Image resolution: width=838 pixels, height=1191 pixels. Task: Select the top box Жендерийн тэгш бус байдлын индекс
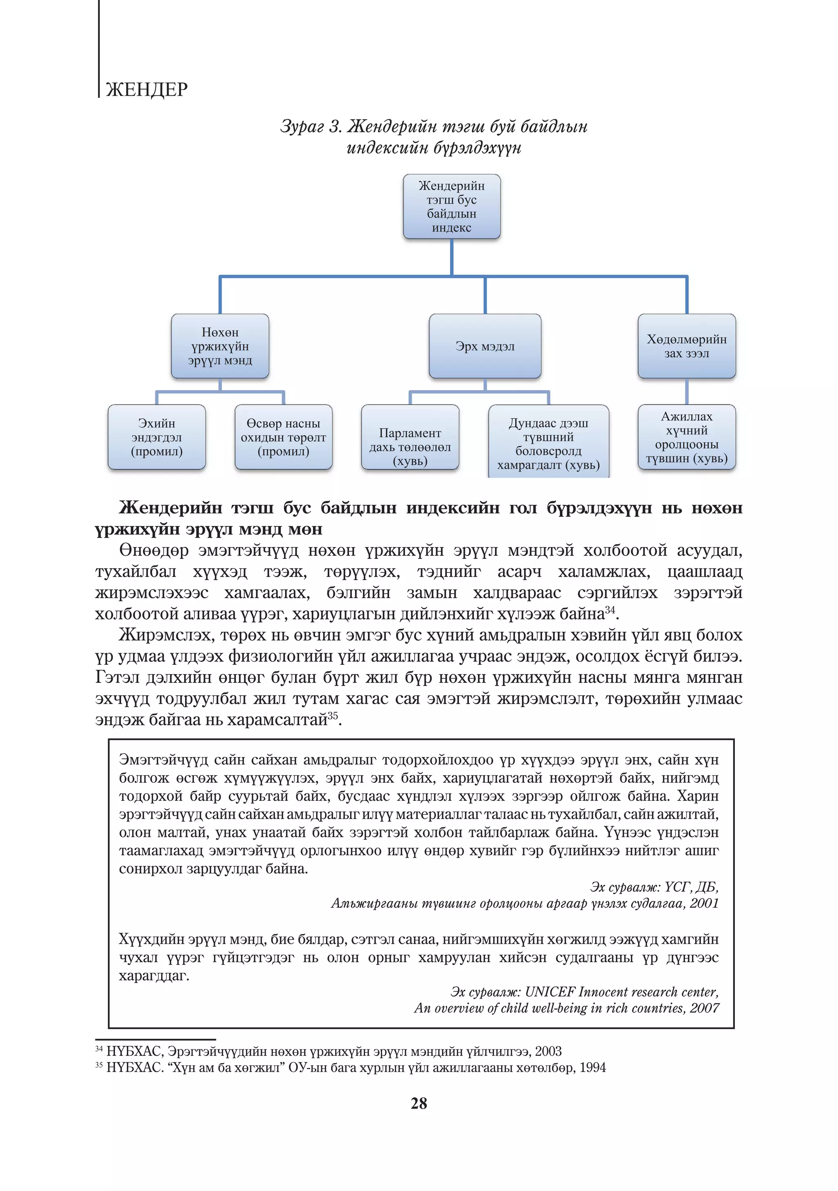[x=451, y=206]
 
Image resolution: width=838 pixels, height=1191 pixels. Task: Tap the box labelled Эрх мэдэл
[x=485, y=346]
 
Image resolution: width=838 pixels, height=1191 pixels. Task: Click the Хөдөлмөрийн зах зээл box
[x=686, y=346]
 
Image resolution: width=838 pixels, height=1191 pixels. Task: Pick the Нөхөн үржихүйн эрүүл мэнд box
[x=220, y=346]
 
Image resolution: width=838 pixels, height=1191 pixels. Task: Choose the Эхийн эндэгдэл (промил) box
[x=157, y=437]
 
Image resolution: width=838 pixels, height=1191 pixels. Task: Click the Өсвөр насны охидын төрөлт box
[x=283, y=437]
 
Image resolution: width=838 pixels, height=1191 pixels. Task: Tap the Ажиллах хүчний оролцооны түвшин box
[x=686, y=437]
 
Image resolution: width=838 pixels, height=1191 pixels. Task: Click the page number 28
[x=419, y=1103]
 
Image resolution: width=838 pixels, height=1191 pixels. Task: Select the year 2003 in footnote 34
[x=548, y=1051]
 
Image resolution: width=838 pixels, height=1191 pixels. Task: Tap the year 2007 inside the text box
[x=704, y=1008]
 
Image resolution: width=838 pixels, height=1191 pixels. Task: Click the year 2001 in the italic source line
[x=704, y=903]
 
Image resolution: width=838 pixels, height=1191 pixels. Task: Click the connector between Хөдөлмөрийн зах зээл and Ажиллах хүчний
[x=686, y=392]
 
